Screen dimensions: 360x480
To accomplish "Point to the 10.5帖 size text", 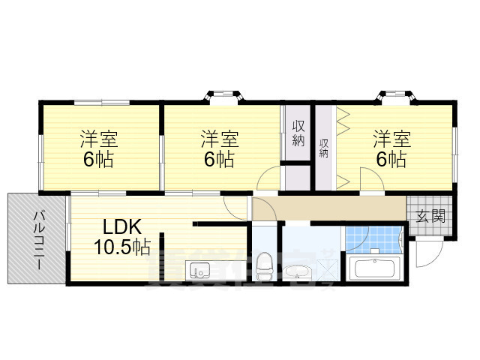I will tap(122, 246).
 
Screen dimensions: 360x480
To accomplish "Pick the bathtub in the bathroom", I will tap(375, 268).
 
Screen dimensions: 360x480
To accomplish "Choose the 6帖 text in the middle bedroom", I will tap(219, 159).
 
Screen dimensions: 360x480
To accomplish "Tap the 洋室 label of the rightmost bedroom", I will tap(392, 139).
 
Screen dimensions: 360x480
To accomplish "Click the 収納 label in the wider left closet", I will tap(298, 133).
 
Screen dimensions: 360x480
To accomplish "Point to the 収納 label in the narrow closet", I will tap(324, 147).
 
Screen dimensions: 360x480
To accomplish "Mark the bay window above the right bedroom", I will tap(394, 97).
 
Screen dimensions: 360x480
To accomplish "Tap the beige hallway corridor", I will tap(330, 208).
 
